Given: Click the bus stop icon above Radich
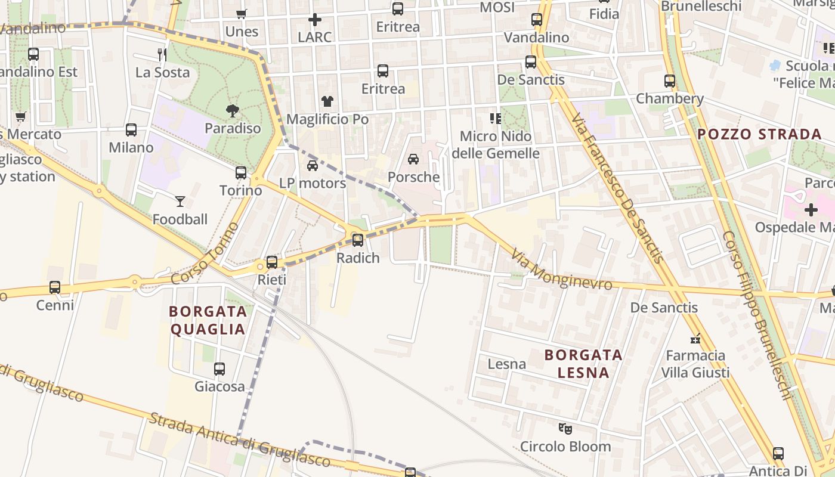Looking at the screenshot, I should tap(358, 240).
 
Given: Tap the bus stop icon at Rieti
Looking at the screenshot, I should tap(272, 262).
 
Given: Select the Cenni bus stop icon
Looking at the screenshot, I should tap(55, 287).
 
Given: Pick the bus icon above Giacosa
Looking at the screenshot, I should tap(219, 369).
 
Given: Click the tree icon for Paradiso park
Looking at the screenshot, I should tap(233, 110).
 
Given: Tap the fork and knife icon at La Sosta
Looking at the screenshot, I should tap(162, 55).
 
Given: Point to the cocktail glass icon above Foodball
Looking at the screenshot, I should tap(180, 202).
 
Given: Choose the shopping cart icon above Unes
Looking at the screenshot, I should tap(242, 14).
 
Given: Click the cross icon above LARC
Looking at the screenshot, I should tap(314, 20).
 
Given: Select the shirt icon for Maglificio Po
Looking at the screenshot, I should tap(327, 101).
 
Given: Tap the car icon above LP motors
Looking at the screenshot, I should tap(313, 165).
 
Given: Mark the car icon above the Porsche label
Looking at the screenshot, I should tap(413, 159).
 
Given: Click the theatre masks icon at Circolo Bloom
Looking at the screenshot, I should tap(565, 428).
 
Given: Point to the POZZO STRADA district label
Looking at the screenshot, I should tap(760, 134).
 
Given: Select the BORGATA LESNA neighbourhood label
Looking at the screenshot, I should tap(584, 364).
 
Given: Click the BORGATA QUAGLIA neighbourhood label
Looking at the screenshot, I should tap(208, 320).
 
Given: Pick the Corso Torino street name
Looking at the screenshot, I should tap(205, 254).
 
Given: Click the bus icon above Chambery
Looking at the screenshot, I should tap(670, 81).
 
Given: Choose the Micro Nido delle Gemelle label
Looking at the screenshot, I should tap(496, 145).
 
